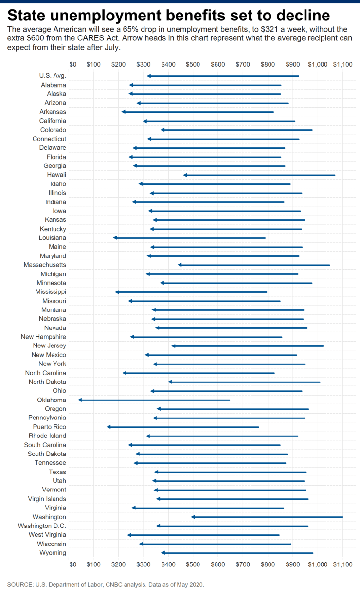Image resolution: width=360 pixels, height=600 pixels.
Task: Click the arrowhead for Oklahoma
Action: [x=80, y=400]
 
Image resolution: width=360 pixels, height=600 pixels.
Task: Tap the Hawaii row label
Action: [x=56, y=175]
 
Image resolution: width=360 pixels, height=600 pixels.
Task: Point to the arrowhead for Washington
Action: [x=193, y=517]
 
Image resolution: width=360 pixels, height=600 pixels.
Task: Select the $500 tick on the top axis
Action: [x=193, y=64]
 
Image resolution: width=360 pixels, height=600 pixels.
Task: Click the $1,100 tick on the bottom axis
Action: [x=342, y=564]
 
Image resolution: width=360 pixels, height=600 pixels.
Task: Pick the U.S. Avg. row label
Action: [x=53, y=76]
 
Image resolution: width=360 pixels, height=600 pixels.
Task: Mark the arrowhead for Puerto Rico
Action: [x=108, y=427]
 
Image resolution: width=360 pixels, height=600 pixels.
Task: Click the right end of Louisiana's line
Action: [x=265, y=238]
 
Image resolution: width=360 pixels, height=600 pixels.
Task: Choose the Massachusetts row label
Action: [x=45, y=265]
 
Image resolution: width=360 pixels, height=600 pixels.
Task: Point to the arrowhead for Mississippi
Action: [x=117, y=292]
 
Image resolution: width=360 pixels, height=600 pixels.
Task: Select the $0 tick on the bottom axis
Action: [x=73, y=564]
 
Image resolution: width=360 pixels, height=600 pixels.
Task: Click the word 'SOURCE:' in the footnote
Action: [x=20, y=585]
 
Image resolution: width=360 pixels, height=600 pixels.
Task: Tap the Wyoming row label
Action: [x=53, y=553]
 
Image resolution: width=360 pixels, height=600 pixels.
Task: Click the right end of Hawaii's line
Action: [x=335, y=175]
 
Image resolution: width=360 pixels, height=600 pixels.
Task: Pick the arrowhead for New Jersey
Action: [x=173, y=346]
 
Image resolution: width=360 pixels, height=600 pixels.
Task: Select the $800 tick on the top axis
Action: [x=268, y=64]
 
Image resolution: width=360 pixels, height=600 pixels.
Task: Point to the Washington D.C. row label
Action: [x=42, y=526]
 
